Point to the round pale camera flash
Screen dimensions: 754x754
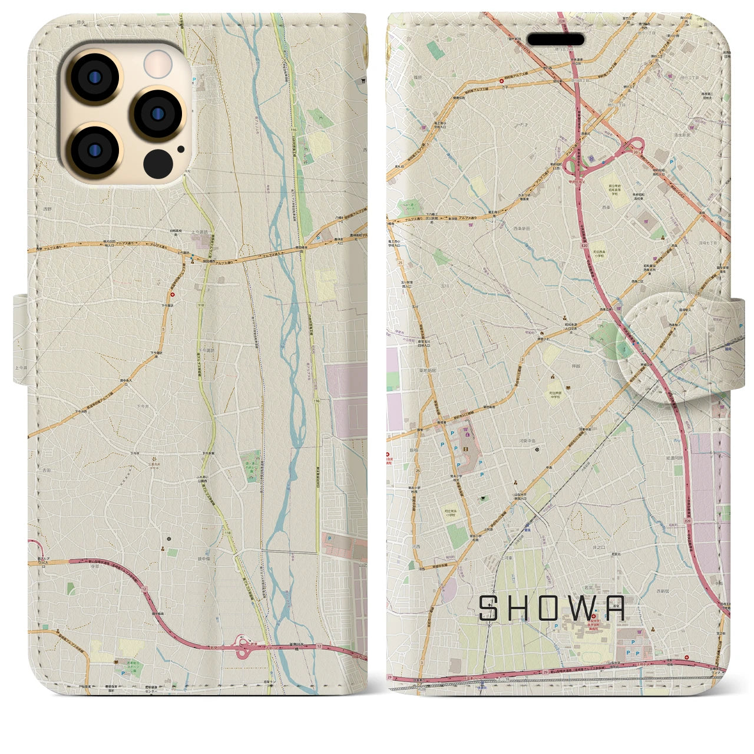point(157,64)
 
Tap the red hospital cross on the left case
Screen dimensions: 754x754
point(173,295)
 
